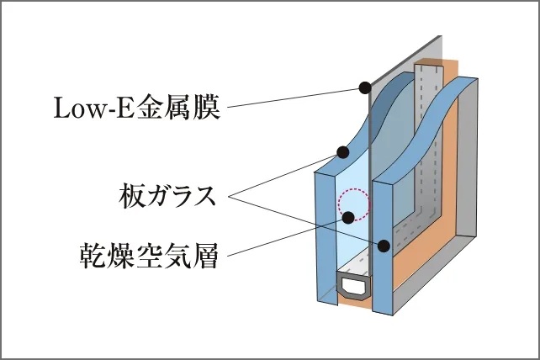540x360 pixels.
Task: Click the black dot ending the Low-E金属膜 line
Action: (x=364, y=87)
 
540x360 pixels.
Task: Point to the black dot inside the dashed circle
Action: (x=348, y=217)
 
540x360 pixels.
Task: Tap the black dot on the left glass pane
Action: (x=342, y=153)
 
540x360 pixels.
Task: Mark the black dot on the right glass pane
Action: (x=384, y=246)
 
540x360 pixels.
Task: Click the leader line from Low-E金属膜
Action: (x=294, y=98)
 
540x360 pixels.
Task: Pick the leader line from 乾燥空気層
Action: (x=286, y=236)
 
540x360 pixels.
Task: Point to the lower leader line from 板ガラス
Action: (x=303, y=220)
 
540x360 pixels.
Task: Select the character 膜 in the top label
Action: (x=207, y=108)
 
